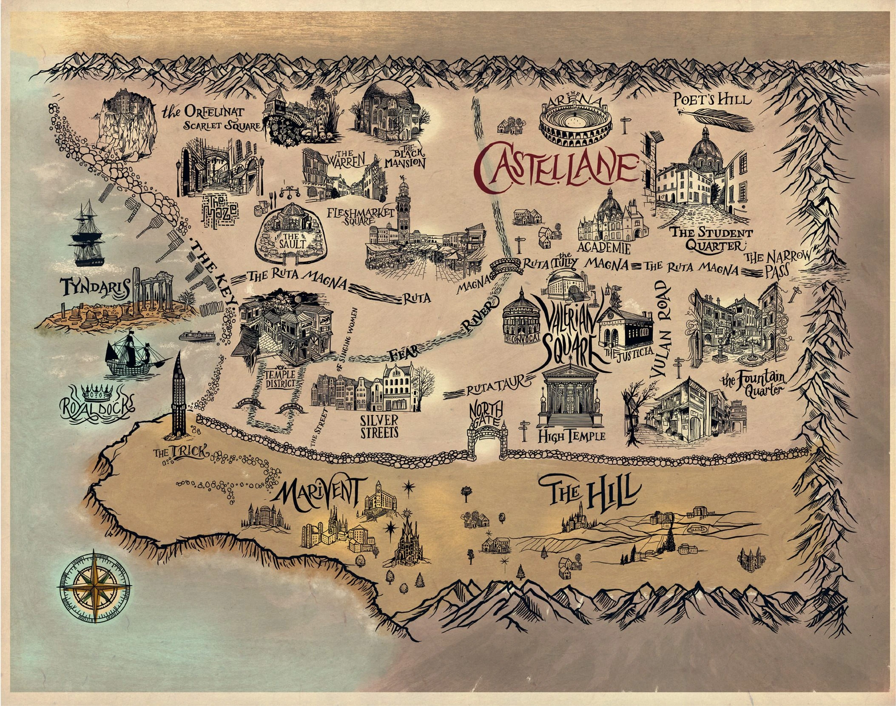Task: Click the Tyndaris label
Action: (95, 288)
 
